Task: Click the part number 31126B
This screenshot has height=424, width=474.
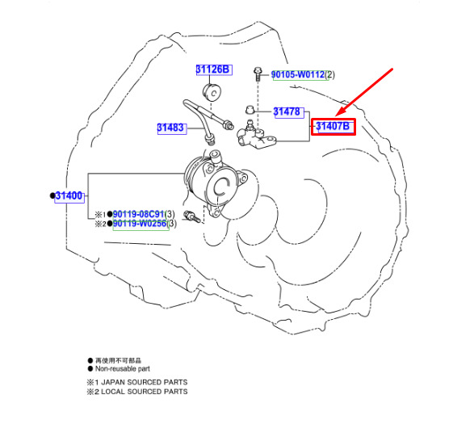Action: tap(214, 69)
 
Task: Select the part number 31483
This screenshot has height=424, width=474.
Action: tap(171, 128)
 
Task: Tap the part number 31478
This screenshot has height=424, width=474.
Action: tap(287, 112)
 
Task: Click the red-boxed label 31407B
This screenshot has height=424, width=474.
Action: tap(333, 127)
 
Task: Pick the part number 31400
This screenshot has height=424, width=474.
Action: tap(69, 196)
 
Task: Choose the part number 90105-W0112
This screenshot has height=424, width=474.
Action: tap(298, 74)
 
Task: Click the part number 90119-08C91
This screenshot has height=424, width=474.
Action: tap(139, 214)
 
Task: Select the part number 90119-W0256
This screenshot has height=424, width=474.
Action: tap(140, 224)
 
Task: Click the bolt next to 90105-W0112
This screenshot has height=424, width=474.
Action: tap(258, 74)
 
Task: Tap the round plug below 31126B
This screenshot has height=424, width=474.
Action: tap(212, 92)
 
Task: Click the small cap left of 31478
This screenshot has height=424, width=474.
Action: tap(249, 110)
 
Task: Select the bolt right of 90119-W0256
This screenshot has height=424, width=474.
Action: tap(192, 216)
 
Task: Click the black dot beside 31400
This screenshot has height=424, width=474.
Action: tap(52, 195)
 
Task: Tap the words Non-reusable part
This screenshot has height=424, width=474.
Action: tap(123, 368)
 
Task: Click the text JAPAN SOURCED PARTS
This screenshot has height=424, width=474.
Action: tap(145, 382)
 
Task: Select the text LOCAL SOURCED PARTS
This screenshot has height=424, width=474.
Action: tap(145, 392)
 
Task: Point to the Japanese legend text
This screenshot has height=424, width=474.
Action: tap(118, 360)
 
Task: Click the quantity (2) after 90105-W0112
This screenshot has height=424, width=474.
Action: tap(329, 74)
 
